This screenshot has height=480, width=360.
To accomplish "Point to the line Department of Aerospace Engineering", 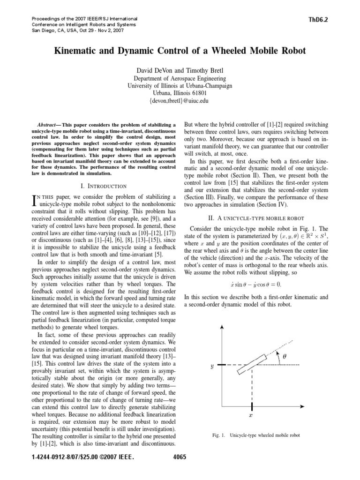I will pos(180,78).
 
